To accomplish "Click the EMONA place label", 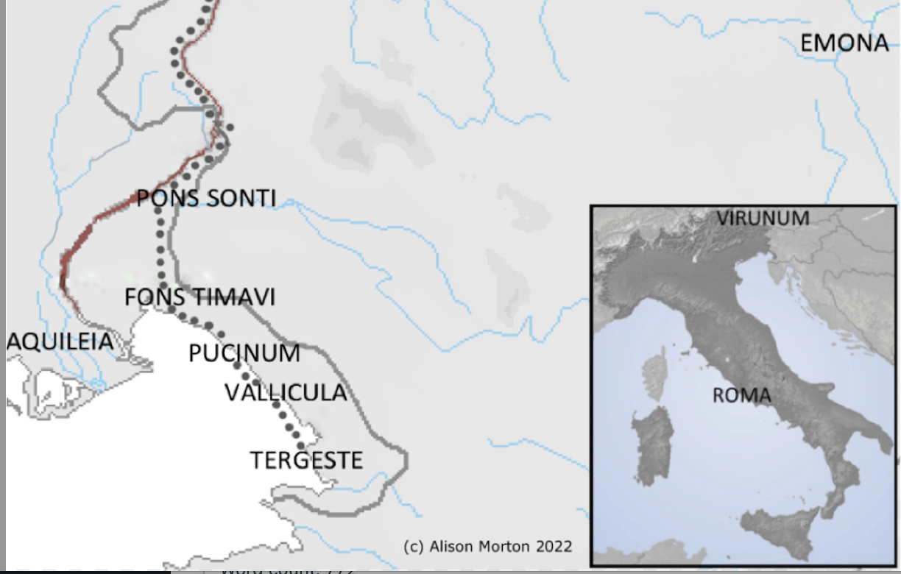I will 844,43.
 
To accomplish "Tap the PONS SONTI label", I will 206,198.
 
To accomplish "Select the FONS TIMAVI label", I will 199,297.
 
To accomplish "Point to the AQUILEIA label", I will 60,341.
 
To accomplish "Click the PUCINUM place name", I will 244,353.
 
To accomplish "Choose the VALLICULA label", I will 286,392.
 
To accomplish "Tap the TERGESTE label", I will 306,460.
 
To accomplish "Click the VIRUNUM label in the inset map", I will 763,219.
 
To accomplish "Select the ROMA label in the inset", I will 741,395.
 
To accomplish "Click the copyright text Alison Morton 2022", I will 487,546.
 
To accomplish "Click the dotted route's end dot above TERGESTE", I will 301,445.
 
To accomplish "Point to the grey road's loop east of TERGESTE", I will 402,461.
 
